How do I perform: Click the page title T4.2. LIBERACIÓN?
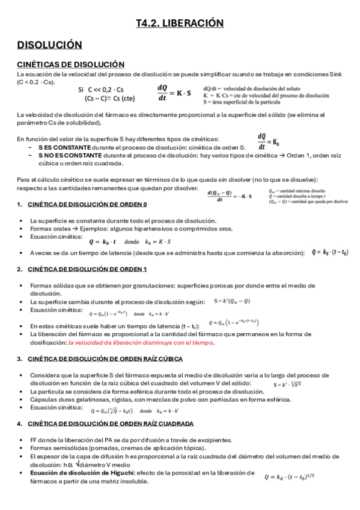tap(180, 23)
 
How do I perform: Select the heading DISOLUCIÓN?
tap(49, 45)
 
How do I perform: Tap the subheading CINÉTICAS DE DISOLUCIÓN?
tap(70, 64)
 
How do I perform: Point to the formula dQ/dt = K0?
tap(269, 142)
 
